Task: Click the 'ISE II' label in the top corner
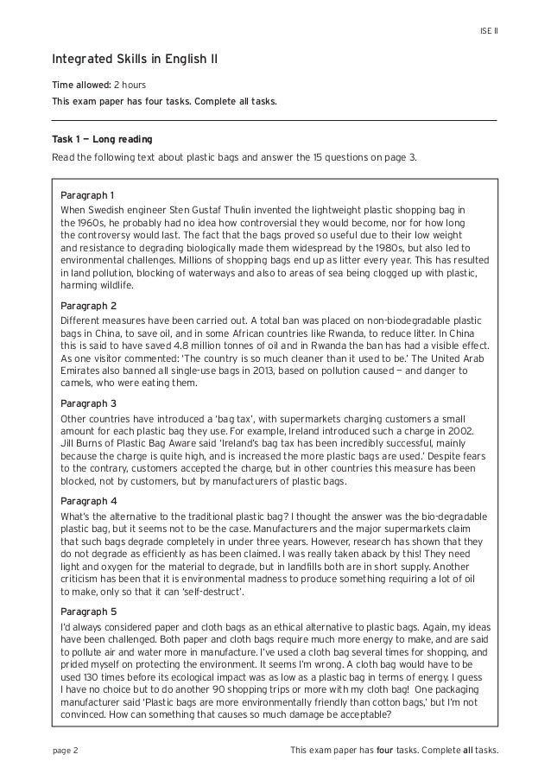coord(489,32)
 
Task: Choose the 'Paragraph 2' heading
coord(88,306)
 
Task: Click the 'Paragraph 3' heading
coord(88,403)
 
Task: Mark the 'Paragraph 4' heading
coord(88,501)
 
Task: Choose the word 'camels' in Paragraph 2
coord(77,384)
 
